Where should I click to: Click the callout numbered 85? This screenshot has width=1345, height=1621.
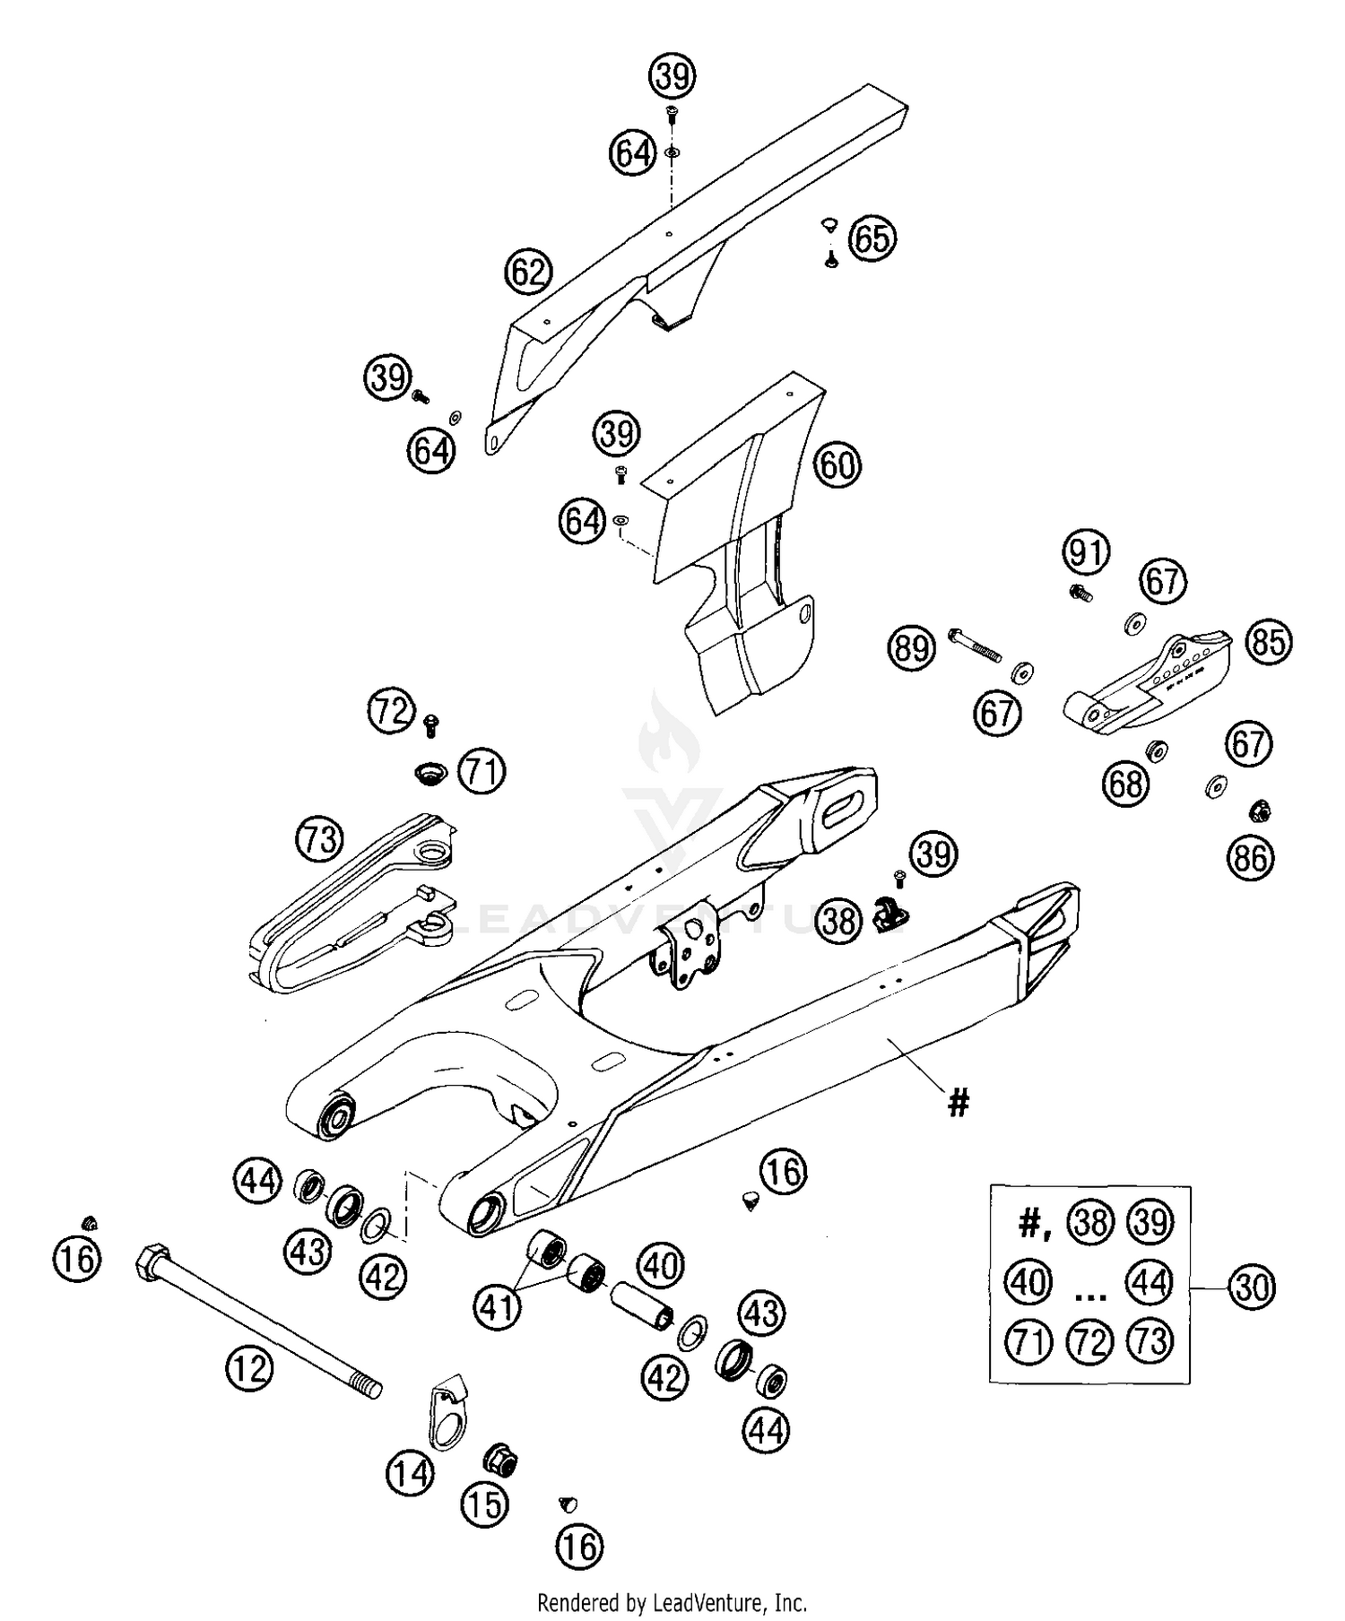point(1269,643)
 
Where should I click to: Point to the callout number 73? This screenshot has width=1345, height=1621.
point(319,840)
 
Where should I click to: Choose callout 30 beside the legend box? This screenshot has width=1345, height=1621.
point(1252,1287)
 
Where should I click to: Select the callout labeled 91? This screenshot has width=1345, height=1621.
point(1087,553)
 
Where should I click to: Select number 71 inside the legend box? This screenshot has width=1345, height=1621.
point(1029,1342)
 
